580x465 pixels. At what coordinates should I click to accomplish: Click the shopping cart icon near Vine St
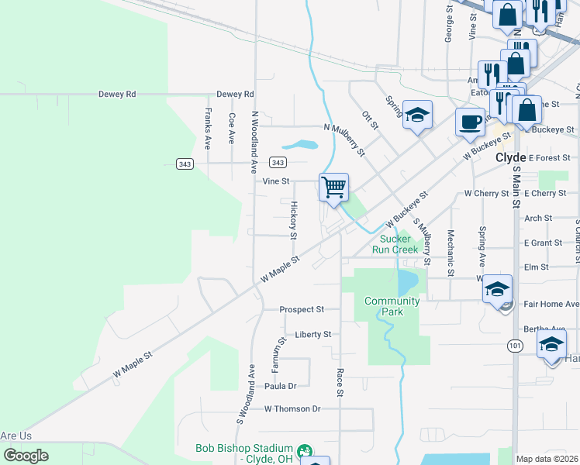point(333,187)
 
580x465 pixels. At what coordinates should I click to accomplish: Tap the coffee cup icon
point(469,122)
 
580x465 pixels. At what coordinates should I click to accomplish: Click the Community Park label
point(392,306)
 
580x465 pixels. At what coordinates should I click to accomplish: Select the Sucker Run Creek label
point(399,244)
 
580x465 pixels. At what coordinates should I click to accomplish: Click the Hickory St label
point(294,219)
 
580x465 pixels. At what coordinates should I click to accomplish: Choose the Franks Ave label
point(207,128)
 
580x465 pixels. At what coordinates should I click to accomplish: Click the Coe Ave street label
point(232,129)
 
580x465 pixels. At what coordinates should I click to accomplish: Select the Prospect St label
point(302,309)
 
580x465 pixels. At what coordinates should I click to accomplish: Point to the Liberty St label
point(313,334)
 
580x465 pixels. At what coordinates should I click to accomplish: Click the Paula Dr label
point(281,386)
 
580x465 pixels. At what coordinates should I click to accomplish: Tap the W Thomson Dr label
point(292,408)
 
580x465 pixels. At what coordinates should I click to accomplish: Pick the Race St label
point(340,382)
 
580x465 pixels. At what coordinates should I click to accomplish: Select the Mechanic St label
point(450,253)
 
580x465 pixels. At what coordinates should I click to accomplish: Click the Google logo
point(26,456)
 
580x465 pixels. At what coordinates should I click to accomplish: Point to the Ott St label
point(370,121)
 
